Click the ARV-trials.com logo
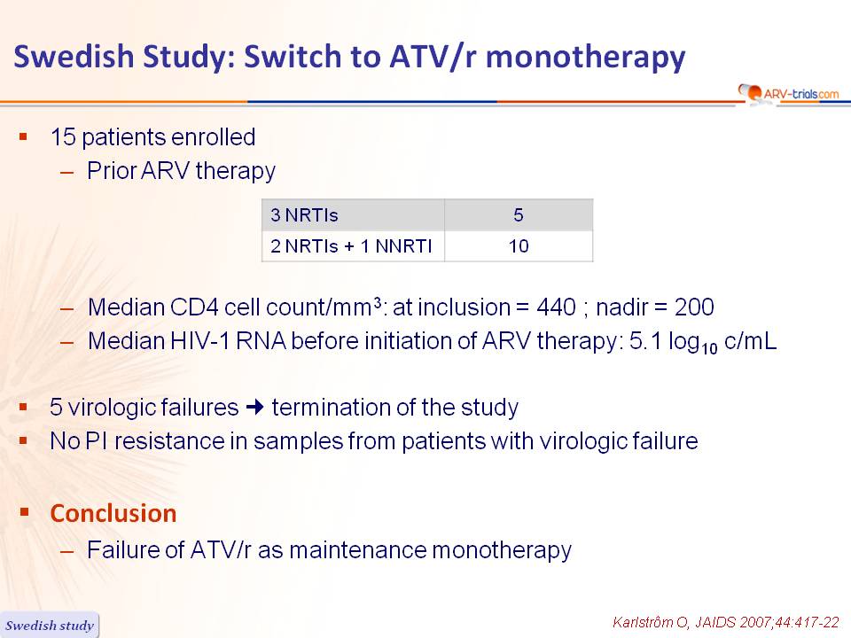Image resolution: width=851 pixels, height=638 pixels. coord(789,93)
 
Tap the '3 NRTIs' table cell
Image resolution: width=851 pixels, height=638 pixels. coord(353,214)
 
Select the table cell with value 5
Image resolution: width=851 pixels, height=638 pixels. coord(519,214)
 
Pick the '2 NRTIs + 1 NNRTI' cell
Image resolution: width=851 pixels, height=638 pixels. coord(353,246)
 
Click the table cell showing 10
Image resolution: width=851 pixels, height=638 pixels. coord(519,246)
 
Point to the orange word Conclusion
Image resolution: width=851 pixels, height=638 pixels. coord(113,513)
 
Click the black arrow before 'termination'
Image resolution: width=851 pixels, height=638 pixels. coord(254,407)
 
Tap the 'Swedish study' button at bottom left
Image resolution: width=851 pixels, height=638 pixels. coord(50,625)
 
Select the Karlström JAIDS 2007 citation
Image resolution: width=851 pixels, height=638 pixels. coord(726,622)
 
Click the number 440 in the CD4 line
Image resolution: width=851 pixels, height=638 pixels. coord(557,307)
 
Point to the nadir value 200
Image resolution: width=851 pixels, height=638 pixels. coord(694,307)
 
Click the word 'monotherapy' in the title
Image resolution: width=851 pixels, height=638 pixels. coord(586,58)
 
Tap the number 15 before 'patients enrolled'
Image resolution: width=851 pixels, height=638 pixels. coord(63,136)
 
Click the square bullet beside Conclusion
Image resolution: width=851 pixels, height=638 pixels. coord(24,511)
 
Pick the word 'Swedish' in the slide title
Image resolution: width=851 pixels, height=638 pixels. coord(74,56)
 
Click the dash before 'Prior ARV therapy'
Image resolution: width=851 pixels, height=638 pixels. coord(67,173)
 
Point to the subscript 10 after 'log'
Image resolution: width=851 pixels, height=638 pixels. coord(709,347)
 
